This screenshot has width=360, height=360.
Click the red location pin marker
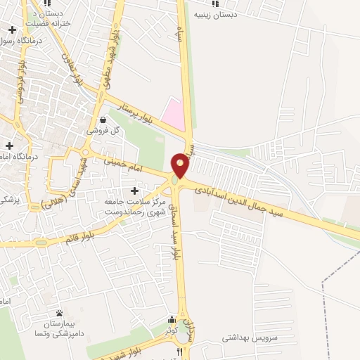180,165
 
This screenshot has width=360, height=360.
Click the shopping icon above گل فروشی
103,120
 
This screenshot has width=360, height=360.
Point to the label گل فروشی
103,131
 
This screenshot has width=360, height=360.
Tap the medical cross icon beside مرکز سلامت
134,191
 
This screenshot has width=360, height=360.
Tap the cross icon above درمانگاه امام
8,146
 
